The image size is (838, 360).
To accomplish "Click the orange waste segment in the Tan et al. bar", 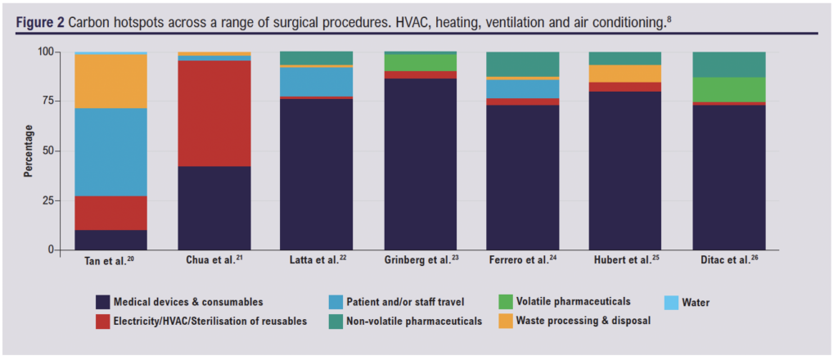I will click(x=111, y=81).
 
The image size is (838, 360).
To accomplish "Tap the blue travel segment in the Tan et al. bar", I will click(x=111, y=151).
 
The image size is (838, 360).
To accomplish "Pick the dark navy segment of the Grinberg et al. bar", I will click(x=421, y=164).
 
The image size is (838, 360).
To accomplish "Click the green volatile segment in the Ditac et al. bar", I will click(x=729, y=89).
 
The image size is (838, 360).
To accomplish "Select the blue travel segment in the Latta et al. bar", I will click(x=318, y=82).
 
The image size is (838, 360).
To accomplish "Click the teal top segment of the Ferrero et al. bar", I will click(x=523, y=64).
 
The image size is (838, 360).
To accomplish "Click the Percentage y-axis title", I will click(x=29, y=151).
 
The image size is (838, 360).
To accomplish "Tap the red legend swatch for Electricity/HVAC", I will click(x=104, y=321).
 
